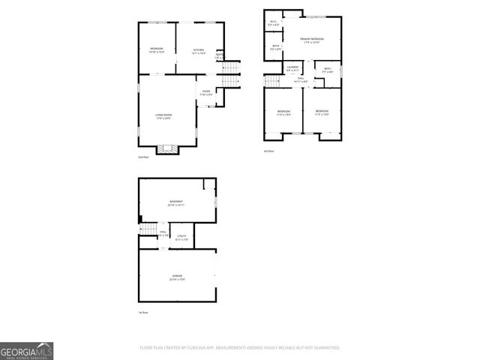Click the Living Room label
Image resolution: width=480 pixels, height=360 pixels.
click(163, 115)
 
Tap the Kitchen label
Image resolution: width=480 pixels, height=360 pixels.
click(198, 51)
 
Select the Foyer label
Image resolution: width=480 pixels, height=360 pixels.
click(206, 93)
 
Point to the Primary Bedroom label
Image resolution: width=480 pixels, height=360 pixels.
click(312, 40)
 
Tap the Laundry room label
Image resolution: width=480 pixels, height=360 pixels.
click(292, 70)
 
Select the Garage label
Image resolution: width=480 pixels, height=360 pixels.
click(177, 277)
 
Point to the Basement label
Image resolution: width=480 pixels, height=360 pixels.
click(177, 203)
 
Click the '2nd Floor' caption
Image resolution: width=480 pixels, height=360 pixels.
click(142, 157)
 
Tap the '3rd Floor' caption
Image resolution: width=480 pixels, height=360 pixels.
click(268, 151)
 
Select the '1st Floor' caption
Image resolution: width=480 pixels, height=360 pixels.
click(142, 312)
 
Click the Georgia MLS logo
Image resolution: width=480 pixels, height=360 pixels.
click(27, 351)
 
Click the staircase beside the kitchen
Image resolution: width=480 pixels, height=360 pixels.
click(232, 73)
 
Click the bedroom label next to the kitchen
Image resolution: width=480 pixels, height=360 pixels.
click(156, 51)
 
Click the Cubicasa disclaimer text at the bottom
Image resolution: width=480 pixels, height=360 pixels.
click(240, 348)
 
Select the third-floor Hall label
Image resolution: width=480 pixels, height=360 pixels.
click(301, 79)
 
